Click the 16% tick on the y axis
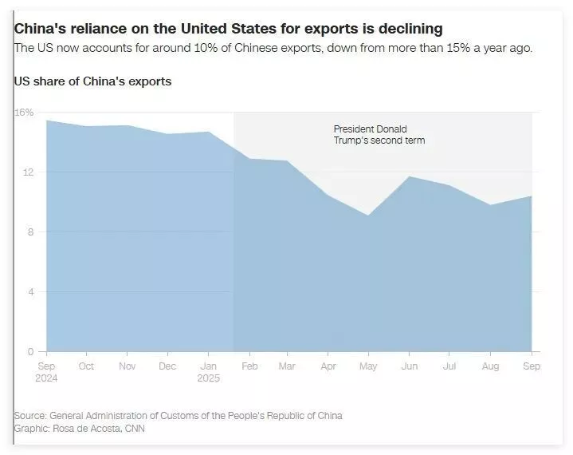coord(24,113)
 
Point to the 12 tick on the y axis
coord(28,172)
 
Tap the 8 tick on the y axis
coord(29,232)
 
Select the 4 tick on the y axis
coord(29,292)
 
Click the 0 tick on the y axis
coord(29,351)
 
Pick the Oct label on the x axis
coord(86,366)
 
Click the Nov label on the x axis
coord(127,366)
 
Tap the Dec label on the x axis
coord(167,366)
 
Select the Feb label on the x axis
coord(248,366)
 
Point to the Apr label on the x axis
coord(328,366)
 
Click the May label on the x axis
coord(368,366)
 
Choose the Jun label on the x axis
coord(409,366)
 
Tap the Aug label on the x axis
coord(490,366)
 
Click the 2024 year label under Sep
coord(46,378)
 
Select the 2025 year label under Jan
coord(207,378)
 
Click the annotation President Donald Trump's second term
coord(379,135)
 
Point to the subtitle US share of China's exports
coord(92,81)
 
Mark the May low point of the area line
coord(368,216)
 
